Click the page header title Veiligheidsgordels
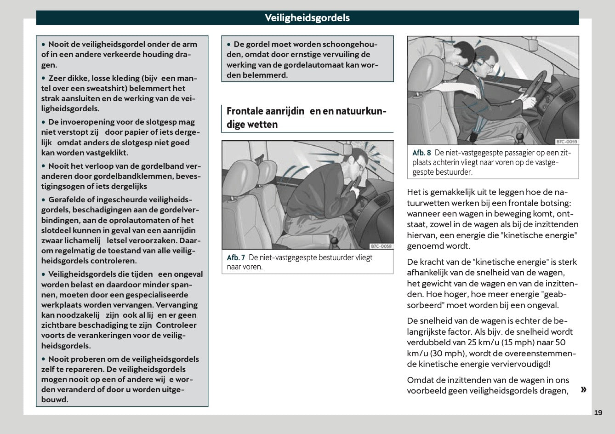[x=307, y=18]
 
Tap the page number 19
[x=598, y=412]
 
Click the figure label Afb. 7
[x=236, y=258]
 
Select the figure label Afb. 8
[x=421, y=153]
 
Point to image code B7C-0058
[x=381, y=246]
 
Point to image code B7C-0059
[x=566, y=142]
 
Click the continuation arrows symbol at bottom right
[x=583, y=390]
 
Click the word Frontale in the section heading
[x=245, y=111]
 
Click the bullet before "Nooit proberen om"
[x=44, y=360]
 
